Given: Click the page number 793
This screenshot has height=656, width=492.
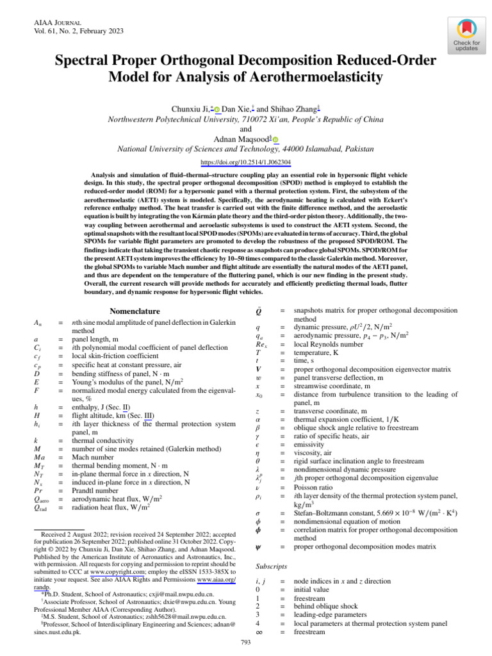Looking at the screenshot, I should coord(245,642).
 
